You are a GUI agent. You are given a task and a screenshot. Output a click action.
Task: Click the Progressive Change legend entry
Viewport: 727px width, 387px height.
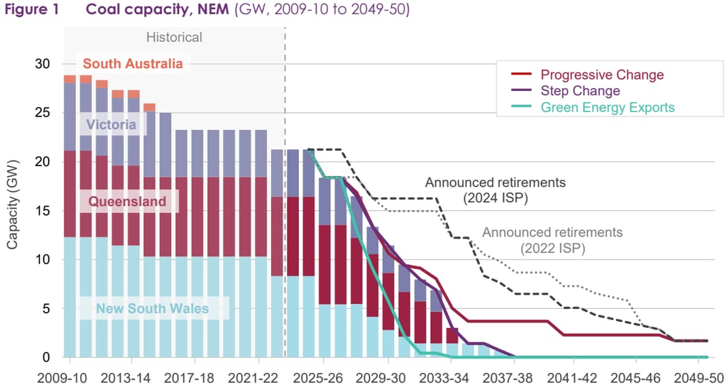pyautogui.click(x=602, y=75)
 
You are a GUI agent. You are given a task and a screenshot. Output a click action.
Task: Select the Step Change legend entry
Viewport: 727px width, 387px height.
pyautogui.click(x=580, y=91)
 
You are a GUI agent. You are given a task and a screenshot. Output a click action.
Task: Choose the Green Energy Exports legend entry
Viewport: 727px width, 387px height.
pyautogui.click(x=607, y=107)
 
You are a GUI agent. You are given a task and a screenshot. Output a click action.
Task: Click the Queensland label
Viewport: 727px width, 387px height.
pyautogui.click(x=127, y=202)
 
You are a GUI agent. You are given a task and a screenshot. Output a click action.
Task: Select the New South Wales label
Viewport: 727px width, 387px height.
pyautogui.click(x=153, y=308)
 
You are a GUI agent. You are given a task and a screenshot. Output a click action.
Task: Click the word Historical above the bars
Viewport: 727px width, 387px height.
pyautogui.click(x=174, y=37)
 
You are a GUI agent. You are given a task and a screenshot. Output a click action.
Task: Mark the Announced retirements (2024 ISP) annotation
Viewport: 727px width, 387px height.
pyautogui.click(x=495, y=190)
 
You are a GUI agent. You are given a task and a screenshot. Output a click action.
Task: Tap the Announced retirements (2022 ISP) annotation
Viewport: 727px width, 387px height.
pyautogui.click(x=552, y=240)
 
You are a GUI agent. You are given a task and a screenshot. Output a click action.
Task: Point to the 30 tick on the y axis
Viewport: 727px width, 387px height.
pyautogui.click(x=43, y=64)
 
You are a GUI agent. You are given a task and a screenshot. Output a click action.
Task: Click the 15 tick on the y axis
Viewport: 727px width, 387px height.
pyautogui.click(x=43, y=211)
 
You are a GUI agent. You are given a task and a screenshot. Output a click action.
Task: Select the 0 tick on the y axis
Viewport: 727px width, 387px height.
pyautogui.click(x=46, y=357)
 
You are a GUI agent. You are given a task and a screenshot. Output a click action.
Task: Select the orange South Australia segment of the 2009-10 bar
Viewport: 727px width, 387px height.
pyautogui.click(x=70, y=79)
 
